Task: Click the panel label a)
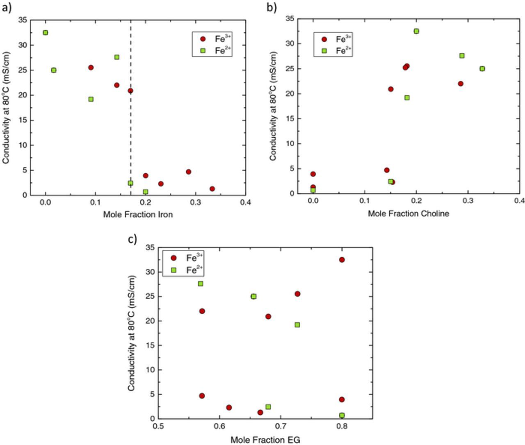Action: (7, 8)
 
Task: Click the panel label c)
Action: (132, 239)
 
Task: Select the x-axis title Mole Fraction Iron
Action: (138, 214)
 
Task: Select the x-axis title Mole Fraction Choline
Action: (408, 213)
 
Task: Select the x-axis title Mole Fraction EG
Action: (265, 440)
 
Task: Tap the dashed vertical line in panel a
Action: (131, 123)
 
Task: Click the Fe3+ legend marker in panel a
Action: (203, 39)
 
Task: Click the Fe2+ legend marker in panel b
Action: (324, 51)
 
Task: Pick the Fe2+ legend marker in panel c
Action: (173, 270)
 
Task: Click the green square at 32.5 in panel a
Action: (46, 33)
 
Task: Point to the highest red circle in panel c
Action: (342, 260)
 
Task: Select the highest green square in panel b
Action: (416, 31)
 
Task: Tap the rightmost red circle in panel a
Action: (212, 189)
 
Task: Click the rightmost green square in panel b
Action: (482, 69)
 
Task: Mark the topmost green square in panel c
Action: (201, 284)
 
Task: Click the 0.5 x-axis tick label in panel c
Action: (159, 427)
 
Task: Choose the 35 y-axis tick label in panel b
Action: (290, 18)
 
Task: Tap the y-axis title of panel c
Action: (131, 333)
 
